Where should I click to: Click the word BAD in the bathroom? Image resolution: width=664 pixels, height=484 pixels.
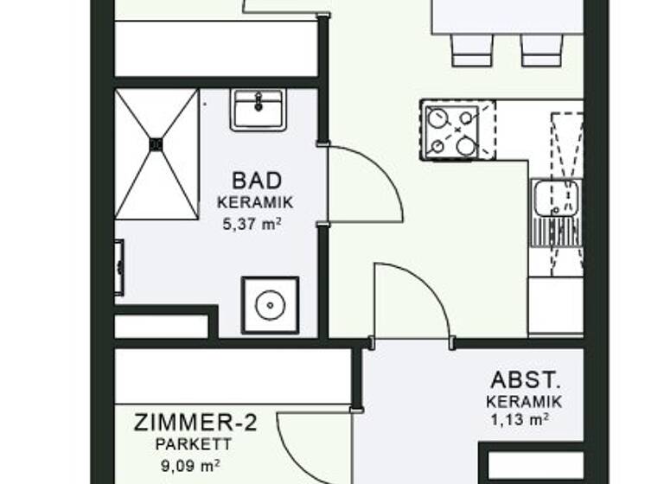257,181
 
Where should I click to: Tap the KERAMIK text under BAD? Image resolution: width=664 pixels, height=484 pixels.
257,203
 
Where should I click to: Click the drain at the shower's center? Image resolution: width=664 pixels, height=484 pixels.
156,144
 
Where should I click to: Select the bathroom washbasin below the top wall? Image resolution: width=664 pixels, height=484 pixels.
258,110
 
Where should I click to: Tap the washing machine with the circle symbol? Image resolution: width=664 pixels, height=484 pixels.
271,305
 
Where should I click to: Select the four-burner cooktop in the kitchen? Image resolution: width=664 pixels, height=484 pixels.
452,131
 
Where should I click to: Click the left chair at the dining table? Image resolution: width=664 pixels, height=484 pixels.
472,49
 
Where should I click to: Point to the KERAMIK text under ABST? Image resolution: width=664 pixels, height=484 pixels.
523,402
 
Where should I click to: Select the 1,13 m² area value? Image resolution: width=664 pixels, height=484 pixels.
523,421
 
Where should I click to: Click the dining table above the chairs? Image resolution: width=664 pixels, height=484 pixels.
507,16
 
